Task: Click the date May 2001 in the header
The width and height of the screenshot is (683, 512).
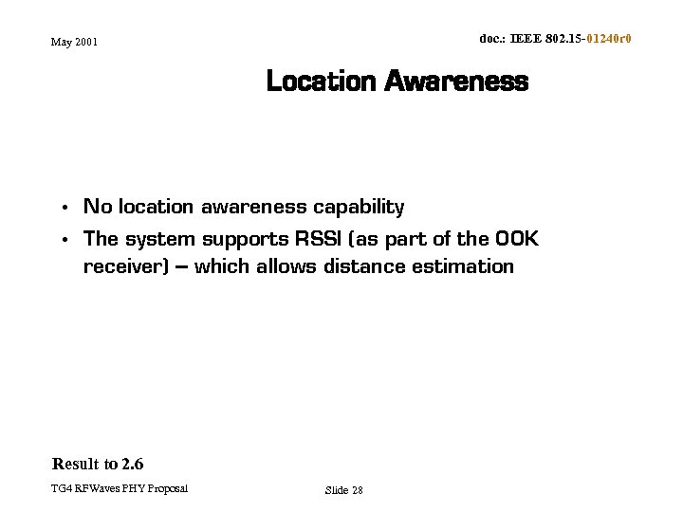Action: tap(75, 42)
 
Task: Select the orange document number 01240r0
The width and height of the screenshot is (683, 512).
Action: tap(609, 39)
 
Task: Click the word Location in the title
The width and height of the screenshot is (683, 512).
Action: tap(321, 82)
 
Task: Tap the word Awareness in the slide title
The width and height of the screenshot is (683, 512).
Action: tap(456, 82)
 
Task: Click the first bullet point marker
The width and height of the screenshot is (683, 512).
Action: tap(62, 208)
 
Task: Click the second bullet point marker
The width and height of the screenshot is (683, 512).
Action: tap(62, 240)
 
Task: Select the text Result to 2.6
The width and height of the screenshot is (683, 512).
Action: tap(98, 464)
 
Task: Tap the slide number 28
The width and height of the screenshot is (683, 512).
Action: tap(357, 490)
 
